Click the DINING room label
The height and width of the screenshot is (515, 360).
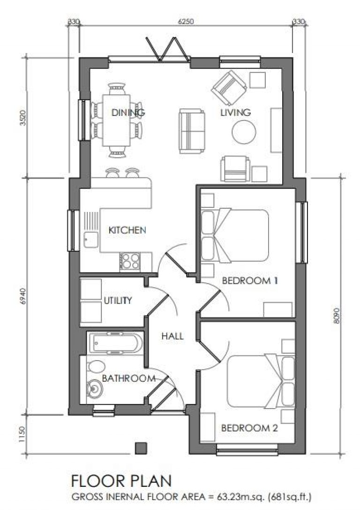click(128, 113)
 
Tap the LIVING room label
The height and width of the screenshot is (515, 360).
click(236, 113)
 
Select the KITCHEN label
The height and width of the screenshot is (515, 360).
click(127, 230)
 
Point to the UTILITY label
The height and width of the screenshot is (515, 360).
click(117, 301)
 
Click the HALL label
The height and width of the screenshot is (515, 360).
click(172, 336)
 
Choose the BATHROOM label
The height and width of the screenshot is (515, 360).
click(128, 378)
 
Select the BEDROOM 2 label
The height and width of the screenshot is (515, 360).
click(250, 428)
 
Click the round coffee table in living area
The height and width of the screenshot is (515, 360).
click(244, 132)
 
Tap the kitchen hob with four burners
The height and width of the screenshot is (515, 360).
click(130, 261)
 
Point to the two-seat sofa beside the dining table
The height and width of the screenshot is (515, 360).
click(192, 131)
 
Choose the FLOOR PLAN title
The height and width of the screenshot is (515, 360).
click(121, 481)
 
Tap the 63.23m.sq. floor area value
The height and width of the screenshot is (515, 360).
click(232, 496)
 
